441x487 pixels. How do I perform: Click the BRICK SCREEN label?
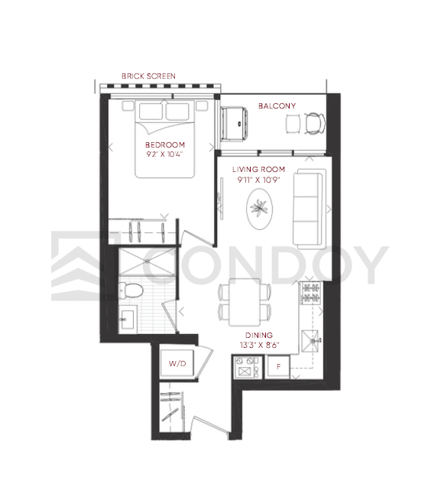point(148,76)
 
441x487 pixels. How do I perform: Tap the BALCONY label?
point(277,106)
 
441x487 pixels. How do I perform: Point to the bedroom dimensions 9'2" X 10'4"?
point(165,154)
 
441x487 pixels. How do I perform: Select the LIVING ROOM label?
point(258,169)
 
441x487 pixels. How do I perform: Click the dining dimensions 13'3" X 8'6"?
point(260,345)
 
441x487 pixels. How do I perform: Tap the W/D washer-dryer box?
point(177,363)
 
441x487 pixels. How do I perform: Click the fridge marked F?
point(278,367)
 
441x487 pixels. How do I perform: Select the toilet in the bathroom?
point(131,291)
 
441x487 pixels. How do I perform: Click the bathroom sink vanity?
point(128,319)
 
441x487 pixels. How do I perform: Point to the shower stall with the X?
point(148,261)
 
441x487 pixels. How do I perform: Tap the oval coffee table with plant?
point(260,209)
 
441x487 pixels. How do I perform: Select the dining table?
point(245,302)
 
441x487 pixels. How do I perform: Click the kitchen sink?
point(310,341)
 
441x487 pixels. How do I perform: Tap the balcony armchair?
point(315,123)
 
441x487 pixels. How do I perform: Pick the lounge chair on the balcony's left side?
point(234,123)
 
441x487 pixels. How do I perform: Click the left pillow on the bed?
point(151,111)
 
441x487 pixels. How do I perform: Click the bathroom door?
point(170,317)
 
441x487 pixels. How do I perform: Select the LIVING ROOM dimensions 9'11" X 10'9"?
point(259,180)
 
